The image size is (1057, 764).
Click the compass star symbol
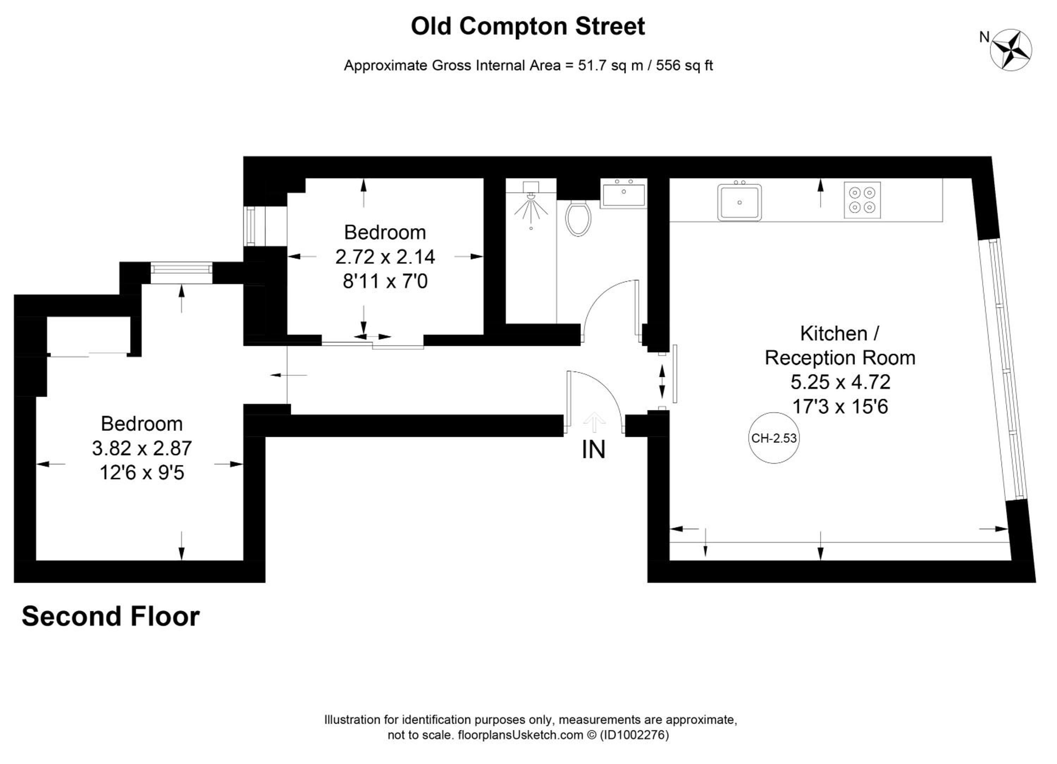1010,50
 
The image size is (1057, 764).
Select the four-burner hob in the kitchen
862,200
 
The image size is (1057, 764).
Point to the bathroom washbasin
624,193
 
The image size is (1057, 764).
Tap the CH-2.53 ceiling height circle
774,438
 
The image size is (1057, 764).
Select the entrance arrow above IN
594,422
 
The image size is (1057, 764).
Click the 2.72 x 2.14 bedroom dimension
385,257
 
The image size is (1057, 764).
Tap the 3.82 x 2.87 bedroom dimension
142,448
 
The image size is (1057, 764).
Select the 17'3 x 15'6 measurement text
840,406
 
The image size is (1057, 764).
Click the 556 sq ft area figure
684,65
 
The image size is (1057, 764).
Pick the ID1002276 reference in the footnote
634,735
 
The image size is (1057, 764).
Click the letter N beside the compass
984,37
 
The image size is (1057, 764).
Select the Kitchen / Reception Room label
840,345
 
